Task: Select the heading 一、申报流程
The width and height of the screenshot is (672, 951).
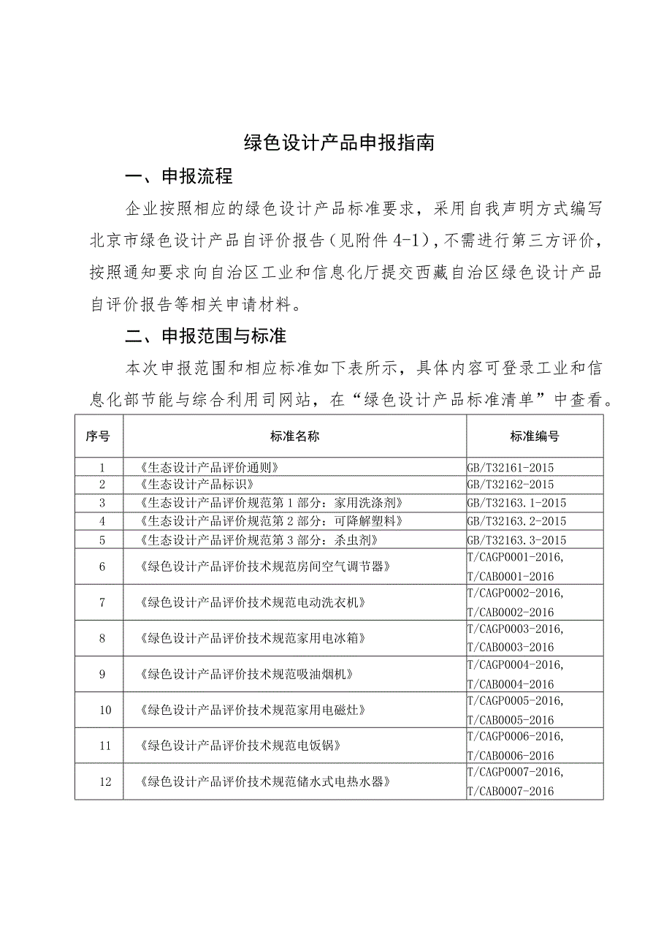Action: [179, 176]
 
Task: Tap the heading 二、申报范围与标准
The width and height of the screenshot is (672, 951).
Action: [206, 336]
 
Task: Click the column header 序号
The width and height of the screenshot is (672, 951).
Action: [98, 436]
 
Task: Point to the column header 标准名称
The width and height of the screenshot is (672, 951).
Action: [294, 436]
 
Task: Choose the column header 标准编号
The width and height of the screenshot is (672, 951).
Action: [534, 436]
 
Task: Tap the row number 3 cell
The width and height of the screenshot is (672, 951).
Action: [102, 503]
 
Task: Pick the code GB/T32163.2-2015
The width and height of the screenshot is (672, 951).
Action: [516, 521]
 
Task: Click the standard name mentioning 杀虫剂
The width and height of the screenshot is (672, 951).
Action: [258, 540]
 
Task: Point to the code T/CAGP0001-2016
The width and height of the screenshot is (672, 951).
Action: [515, 557]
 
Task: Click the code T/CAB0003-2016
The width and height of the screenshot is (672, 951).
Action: [510, 648]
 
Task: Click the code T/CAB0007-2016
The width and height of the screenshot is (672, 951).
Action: [510, 791]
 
